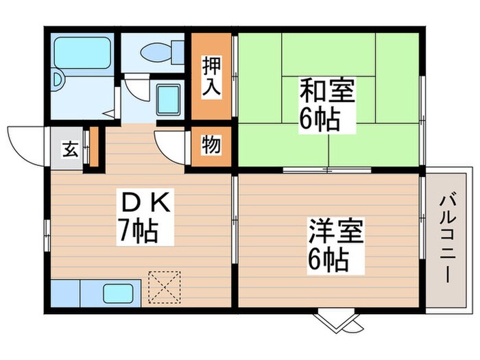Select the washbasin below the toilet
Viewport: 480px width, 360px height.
click(x=167, y=100)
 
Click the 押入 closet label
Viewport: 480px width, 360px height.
click(x=211, y=68)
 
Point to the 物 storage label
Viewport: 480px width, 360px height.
click(x=211, y=146)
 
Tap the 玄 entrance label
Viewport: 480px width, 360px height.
click(x=70, y=149)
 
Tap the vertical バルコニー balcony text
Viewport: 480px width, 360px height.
click(x=446, y=237)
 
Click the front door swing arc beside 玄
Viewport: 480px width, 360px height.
click(x=26, y=143)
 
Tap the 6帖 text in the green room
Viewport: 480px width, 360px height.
click(x=320, y=119)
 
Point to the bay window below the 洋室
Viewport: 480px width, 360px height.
click(x=339, y=318)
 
